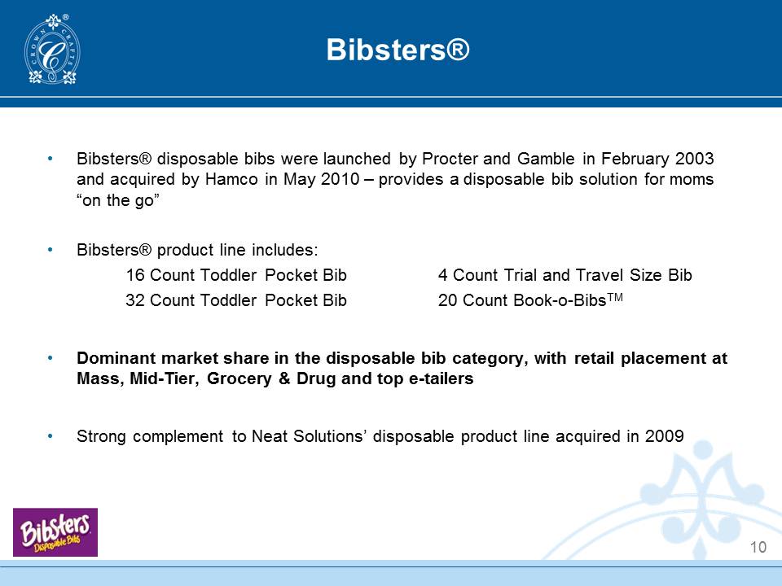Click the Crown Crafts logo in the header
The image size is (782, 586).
(52, 50)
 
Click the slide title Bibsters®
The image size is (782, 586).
(398, 50)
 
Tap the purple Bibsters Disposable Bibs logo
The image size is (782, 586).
(55, 532)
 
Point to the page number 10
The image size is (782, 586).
(758, 547)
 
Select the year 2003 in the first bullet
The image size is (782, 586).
(694, 159)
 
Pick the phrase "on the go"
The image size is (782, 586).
(117, 200)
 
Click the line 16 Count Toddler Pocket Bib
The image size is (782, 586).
(236, 275)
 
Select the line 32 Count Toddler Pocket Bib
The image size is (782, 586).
(236, 300)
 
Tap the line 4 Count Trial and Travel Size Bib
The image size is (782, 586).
(565, 275)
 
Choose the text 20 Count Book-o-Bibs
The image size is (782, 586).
(522, 300)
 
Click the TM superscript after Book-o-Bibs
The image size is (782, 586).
(615, 298)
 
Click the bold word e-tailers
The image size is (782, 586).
(441, 378)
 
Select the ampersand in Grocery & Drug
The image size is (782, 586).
(284, 378)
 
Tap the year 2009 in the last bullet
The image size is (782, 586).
(665, 436)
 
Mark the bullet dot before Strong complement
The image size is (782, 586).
(50, 436)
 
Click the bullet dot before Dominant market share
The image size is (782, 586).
(50, 358)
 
